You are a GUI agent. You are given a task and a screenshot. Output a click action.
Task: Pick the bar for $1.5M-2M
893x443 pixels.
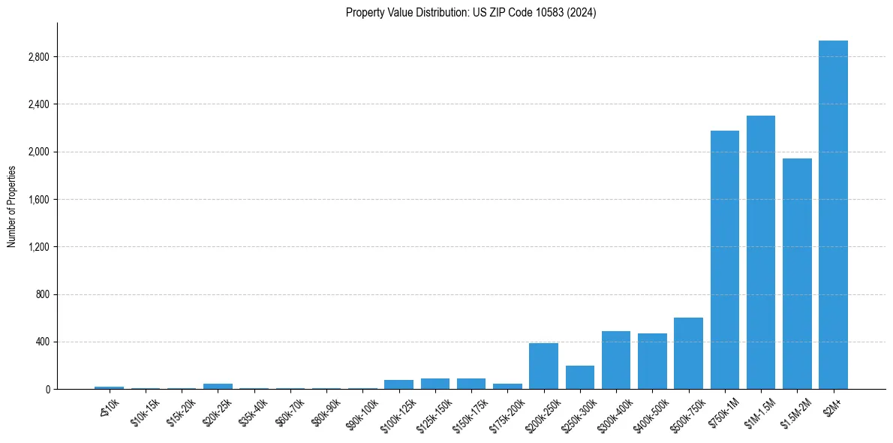[x=797, y=273]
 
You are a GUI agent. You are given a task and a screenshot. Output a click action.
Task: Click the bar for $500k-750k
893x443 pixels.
[x=688, y=353]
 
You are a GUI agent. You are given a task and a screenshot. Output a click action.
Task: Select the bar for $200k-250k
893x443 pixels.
[x=543, y=366]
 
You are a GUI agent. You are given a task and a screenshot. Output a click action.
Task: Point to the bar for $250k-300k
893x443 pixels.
[x=579, y=377]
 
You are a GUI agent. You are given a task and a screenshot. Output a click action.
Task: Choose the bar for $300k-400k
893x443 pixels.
[x=615, y=360]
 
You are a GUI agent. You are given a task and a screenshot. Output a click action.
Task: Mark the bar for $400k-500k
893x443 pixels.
[x=652, y=361]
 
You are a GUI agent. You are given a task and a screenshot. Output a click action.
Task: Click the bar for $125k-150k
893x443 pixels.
[x=434, y=384]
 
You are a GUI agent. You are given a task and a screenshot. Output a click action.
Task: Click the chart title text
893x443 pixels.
[x=471, y=13]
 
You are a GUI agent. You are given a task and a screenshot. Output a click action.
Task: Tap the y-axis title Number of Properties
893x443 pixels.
[x=12, y=206]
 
